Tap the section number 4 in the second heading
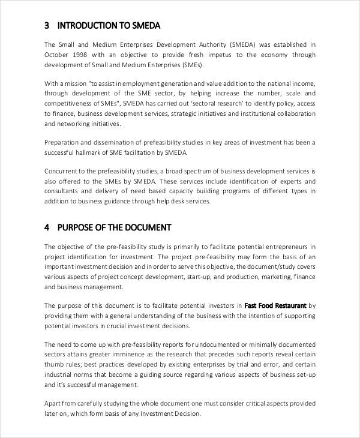coord(47,227)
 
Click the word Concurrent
coord(63,172)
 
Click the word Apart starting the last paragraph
coord(53,404)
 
